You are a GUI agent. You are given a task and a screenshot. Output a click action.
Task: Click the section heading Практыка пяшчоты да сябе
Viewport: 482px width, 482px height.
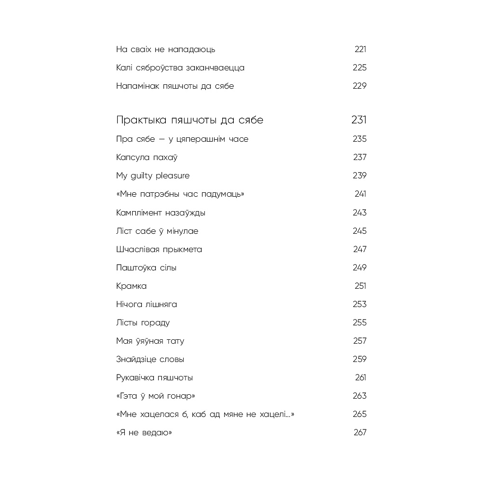pyautogui.click(x=189, y=120)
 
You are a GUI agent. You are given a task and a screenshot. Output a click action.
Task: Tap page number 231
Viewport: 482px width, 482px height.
pyautogui.click(x=359, y=120)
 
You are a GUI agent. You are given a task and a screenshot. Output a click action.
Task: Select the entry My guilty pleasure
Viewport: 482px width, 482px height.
pyautogui.click(x=153, y=175)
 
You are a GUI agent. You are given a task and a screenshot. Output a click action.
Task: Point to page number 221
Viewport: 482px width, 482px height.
pyautogui.click(x=361, y=49)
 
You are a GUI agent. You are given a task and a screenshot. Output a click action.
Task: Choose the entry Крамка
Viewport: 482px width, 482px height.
pyautogui.click(x=131, y=286)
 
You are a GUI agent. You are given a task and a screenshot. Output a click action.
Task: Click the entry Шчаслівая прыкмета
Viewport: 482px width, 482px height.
pyautogui.click(x=159, y=249)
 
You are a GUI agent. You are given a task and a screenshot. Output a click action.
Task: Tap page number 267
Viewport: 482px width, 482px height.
pyautogui.click(x=360, y=432)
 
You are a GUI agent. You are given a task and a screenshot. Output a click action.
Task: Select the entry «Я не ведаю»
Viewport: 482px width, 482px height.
pyautogui.click(x=144, y=432)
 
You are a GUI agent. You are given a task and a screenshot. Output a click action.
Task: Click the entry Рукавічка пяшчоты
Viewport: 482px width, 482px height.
pyautogui.click(x=154, y=377)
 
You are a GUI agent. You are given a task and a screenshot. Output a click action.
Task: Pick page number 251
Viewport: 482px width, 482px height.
pyautogui.click(x=361, y=286)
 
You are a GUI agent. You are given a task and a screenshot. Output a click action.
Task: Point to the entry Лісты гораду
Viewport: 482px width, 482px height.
pyautogui.click(x=143, y=322)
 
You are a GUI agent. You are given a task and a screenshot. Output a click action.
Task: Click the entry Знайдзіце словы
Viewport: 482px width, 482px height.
pyautogui.click(x=150, y=359)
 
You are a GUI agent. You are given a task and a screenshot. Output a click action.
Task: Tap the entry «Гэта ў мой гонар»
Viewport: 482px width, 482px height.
pyautogui.click(x=156, y=396)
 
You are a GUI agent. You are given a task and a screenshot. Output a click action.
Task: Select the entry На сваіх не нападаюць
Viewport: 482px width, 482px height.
pyautogui.click(x=165, y=49)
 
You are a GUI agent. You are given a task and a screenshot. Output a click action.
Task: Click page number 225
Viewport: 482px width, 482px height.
pyautogui.click(x=360, y=67)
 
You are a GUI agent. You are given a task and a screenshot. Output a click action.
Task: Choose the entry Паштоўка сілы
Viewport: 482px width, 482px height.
pyautogui.click(x=146, y=268)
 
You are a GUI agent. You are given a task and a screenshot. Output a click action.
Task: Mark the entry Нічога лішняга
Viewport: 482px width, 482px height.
pyautogui.click(x=147, y=304)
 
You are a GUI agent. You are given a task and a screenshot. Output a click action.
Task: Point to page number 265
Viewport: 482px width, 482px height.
pyautogui.click(x=360, y=414)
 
